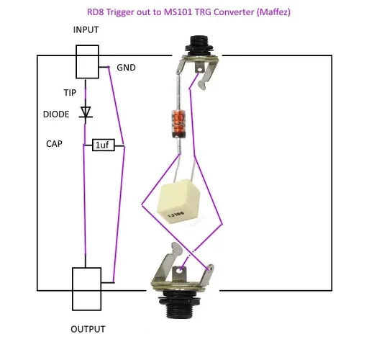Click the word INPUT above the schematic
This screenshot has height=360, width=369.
(86, 30)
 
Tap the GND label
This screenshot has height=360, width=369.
(126, 68)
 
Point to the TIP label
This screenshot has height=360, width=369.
(70, 93)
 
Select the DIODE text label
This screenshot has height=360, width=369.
(56, 114)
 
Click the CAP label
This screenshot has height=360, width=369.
(54, 144)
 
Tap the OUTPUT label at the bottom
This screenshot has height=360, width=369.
(88, 329)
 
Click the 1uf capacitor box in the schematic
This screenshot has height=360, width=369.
(104, 145)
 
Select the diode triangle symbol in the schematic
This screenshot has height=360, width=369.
(86, 112)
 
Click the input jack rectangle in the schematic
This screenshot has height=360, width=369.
(87, 62)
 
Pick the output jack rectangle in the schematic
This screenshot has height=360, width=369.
(86, 289)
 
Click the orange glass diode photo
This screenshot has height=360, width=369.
(179, 124)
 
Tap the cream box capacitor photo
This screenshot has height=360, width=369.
(178, 201)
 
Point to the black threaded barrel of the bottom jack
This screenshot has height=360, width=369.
(178, 305)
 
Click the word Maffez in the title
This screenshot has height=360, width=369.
(273, 12)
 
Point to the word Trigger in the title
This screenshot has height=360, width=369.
(120, 12)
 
